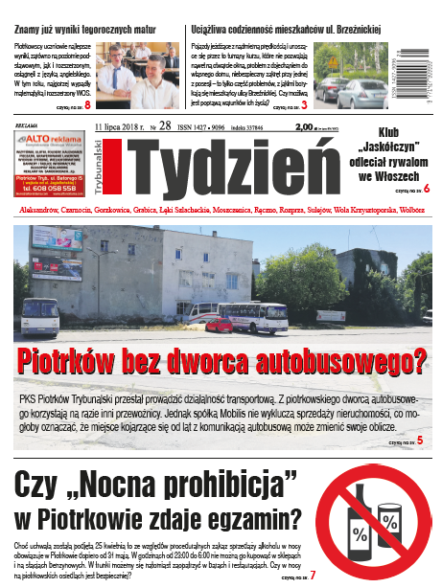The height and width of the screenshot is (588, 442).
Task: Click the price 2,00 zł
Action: click(306, 126)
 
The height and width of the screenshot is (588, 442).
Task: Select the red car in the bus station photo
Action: click(220, 324)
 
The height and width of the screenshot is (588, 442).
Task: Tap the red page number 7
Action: click(313, 575)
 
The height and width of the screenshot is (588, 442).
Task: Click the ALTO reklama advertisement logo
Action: click(53, 142)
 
